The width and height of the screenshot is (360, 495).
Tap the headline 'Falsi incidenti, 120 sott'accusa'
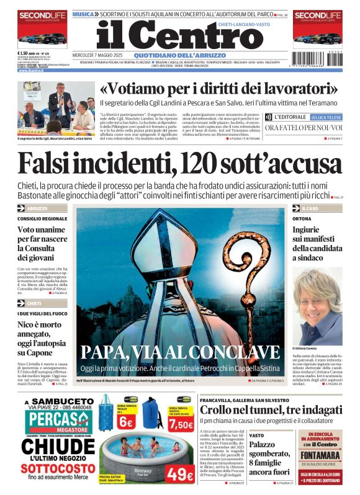180,164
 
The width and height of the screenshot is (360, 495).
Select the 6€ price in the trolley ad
125,422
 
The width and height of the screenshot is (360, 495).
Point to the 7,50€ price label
181,425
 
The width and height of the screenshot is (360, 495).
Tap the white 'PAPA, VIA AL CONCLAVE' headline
179,352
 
